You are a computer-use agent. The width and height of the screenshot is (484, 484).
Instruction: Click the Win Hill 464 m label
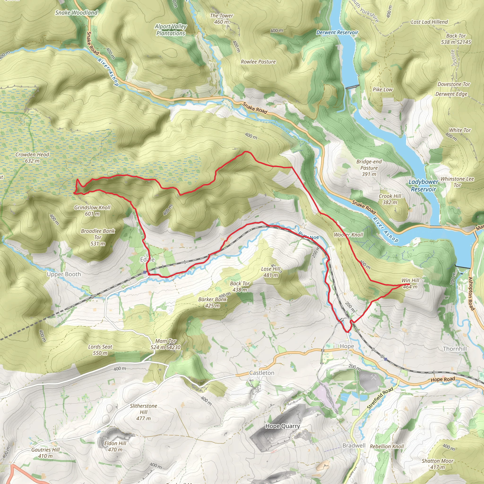[x=410, y=283]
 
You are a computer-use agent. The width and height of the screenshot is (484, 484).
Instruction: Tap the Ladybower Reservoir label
[x=423, y=185]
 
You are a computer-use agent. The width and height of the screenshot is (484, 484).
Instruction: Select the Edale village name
[x=147, y=259]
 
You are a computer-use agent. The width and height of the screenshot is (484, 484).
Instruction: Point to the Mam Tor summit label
[x=165, y=344]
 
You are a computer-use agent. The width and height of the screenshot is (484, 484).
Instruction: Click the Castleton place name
[x=262, y=373]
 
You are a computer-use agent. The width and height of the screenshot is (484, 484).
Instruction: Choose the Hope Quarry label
[x=282, y=426]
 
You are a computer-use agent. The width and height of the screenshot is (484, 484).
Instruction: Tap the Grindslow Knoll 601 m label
[x=92, y=210]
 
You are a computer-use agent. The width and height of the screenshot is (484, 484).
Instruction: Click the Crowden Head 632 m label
[x=32, y=158]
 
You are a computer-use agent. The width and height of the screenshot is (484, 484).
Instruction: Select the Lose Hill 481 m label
[x=271, y=272]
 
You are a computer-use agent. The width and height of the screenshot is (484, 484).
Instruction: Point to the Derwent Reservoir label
[x=337, y=33]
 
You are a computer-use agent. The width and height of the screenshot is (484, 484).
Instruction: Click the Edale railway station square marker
[x=145, y=272]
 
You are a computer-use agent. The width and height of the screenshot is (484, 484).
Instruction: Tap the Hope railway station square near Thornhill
[x=385, y=359]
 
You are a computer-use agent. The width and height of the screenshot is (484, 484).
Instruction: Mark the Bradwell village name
[x=354, y=445]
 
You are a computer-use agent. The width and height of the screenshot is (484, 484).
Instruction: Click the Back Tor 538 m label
[x=456, y=39]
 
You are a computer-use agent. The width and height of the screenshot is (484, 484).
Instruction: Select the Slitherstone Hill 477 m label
[x=143, y=412]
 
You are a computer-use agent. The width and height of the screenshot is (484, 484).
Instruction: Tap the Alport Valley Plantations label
[x=171, y=30]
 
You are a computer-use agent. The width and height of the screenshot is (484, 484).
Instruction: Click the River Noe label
[x=309, y=236]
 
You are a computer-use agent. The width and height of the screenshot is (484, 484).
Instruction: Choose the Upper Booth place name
[x=64, y=274]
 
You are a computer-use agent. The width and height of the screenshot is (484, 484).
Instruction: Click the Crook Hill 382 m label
[x=390, y=199]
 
